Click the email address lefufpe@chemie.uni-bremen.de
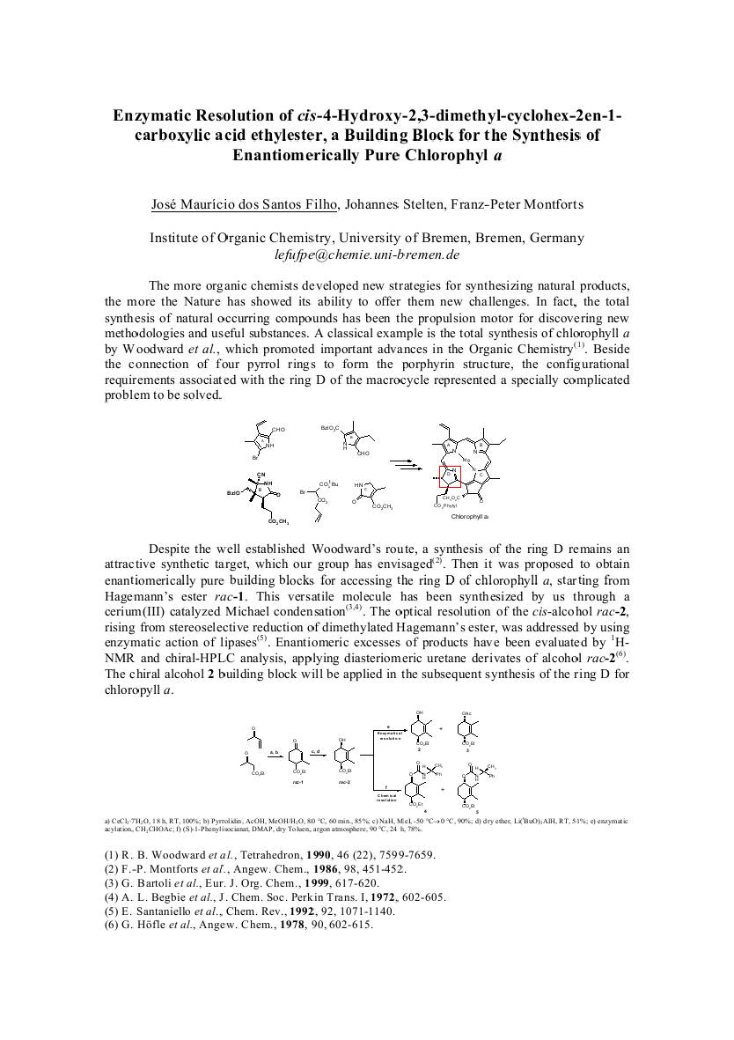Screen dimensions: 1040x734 [367, 254]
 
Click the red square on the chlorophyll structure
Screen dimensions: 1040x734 [450, 476]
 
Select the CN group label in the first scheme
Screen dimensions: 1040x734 [261, 474]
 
